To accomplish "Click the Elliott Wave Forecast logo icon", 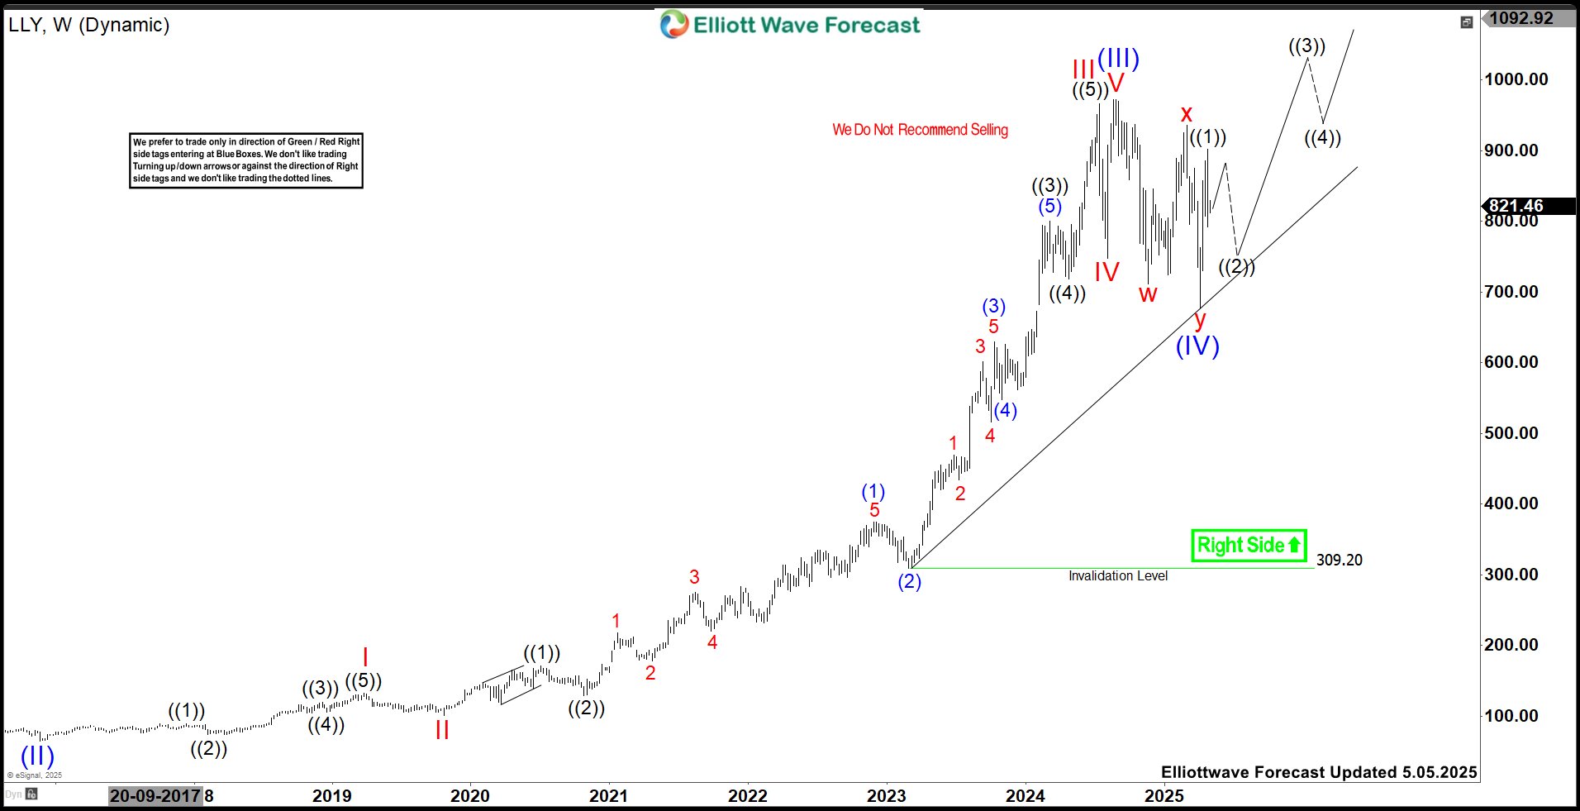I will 674,25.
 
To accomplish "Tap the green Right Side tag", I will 1249,546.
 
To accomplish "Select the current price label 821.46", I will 1516,206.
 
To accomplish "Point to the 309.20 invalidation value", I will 1339,561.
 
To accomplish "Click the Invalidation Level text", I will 1117,576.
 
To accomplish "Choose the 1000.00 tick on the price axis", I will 1516,80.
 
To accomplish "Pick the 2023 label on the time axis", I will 886,796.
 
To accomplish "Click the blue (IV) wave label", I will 1197,346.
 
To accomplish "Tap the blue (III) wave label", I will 1118,58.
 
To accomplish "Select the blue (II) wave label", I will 37,755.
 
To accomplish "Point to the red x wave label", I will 1187,114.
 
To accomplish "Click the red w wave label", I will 1148,294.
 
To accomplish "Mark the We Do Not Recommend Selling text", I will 920,130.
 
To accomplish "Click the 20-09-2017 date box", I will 155,796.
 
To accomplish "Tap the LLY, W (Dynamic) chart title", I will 89,25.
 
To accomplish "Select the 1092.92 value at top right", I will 1521,18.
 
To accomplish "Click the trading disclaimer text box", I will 246,160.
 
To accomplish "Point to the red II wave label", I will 442,730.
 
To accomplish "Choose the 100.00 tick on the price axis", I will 1511,716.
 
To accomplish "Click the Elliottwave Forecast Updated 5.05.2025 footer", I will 1318,772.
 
